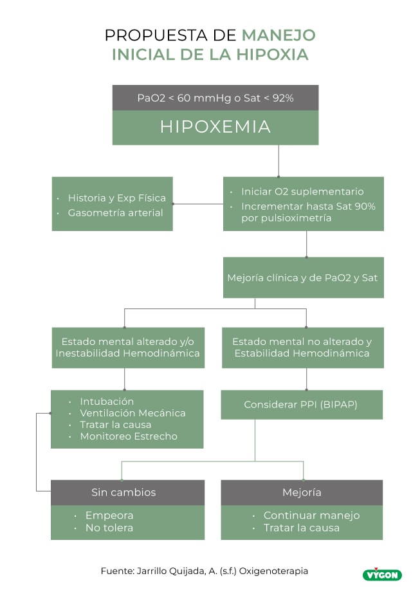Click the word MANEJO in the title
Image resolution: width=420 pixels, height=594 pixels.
(x=278, y=35)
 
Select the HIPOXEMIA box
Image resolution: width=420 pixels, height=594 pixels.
(x=215, y=127)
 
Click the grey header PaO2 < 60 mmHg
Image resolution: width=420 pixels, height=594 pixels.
(x=215, y=98)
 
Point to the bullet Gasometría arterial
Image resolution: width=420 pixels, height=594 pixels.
(x=115, y=212)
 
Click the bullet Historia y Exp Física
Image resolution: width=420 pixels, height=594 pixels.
(x=116, y=198)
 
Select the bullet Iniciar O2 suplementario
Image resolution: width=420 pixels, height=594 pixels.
(x=302, y=191)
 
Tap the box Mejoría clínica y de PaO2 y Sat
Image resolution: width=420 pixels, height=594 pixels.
(x=302, y=278)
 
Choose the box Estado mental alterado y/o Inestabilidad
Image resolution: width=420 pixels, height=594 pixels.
(x=127, y=348)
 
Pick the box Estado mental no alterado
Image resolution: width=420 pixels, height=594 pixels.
(x=302, y=348)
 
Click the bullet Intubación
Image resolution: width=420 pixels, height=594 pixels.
(x=107, y=401)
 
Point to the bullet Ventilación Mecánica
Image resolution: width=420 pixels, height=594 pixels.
(x=132, y=413)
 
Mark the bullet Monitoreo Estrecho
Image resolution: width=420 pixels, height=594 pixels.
(x=129, y=436)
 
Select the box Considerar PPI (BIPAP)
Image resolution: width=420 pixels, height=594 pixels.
(x=301, y=405)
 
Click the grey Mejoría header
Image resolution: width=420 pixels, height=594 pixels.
(x=301, y=492)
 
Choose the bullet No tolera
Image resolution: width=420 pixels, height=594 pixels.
(x=109, y=528)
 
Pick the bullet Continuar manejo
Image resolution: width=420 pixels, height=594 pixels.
(x=311, y=515)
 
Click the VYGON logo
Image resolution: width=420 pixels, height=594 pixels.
(x=382, y=574)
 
